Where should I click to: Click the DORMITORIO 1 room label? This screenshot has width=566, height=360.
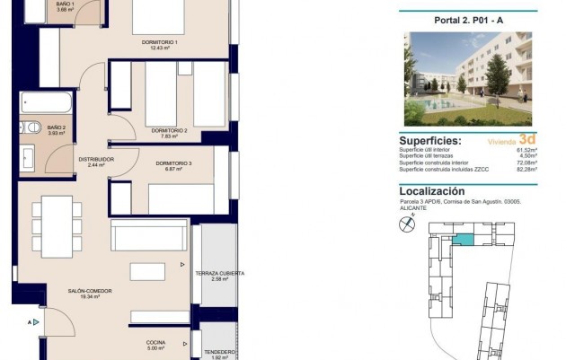pos(159,42)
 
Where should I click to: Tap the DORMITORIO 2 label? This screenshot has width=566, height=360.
pos(168,130)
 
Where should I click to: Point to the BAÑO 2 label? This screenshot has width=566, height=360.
pos(57,127)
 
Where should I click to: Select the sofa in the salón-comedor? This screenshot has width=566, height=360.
pos(149,234)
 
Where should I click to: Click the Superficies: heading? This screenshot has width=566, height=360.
pos(430,141)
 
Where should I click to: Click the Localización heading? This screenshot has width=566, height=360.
pos(432,191)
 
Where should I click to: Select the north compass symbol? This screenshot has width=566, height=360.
pos(410,226)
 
